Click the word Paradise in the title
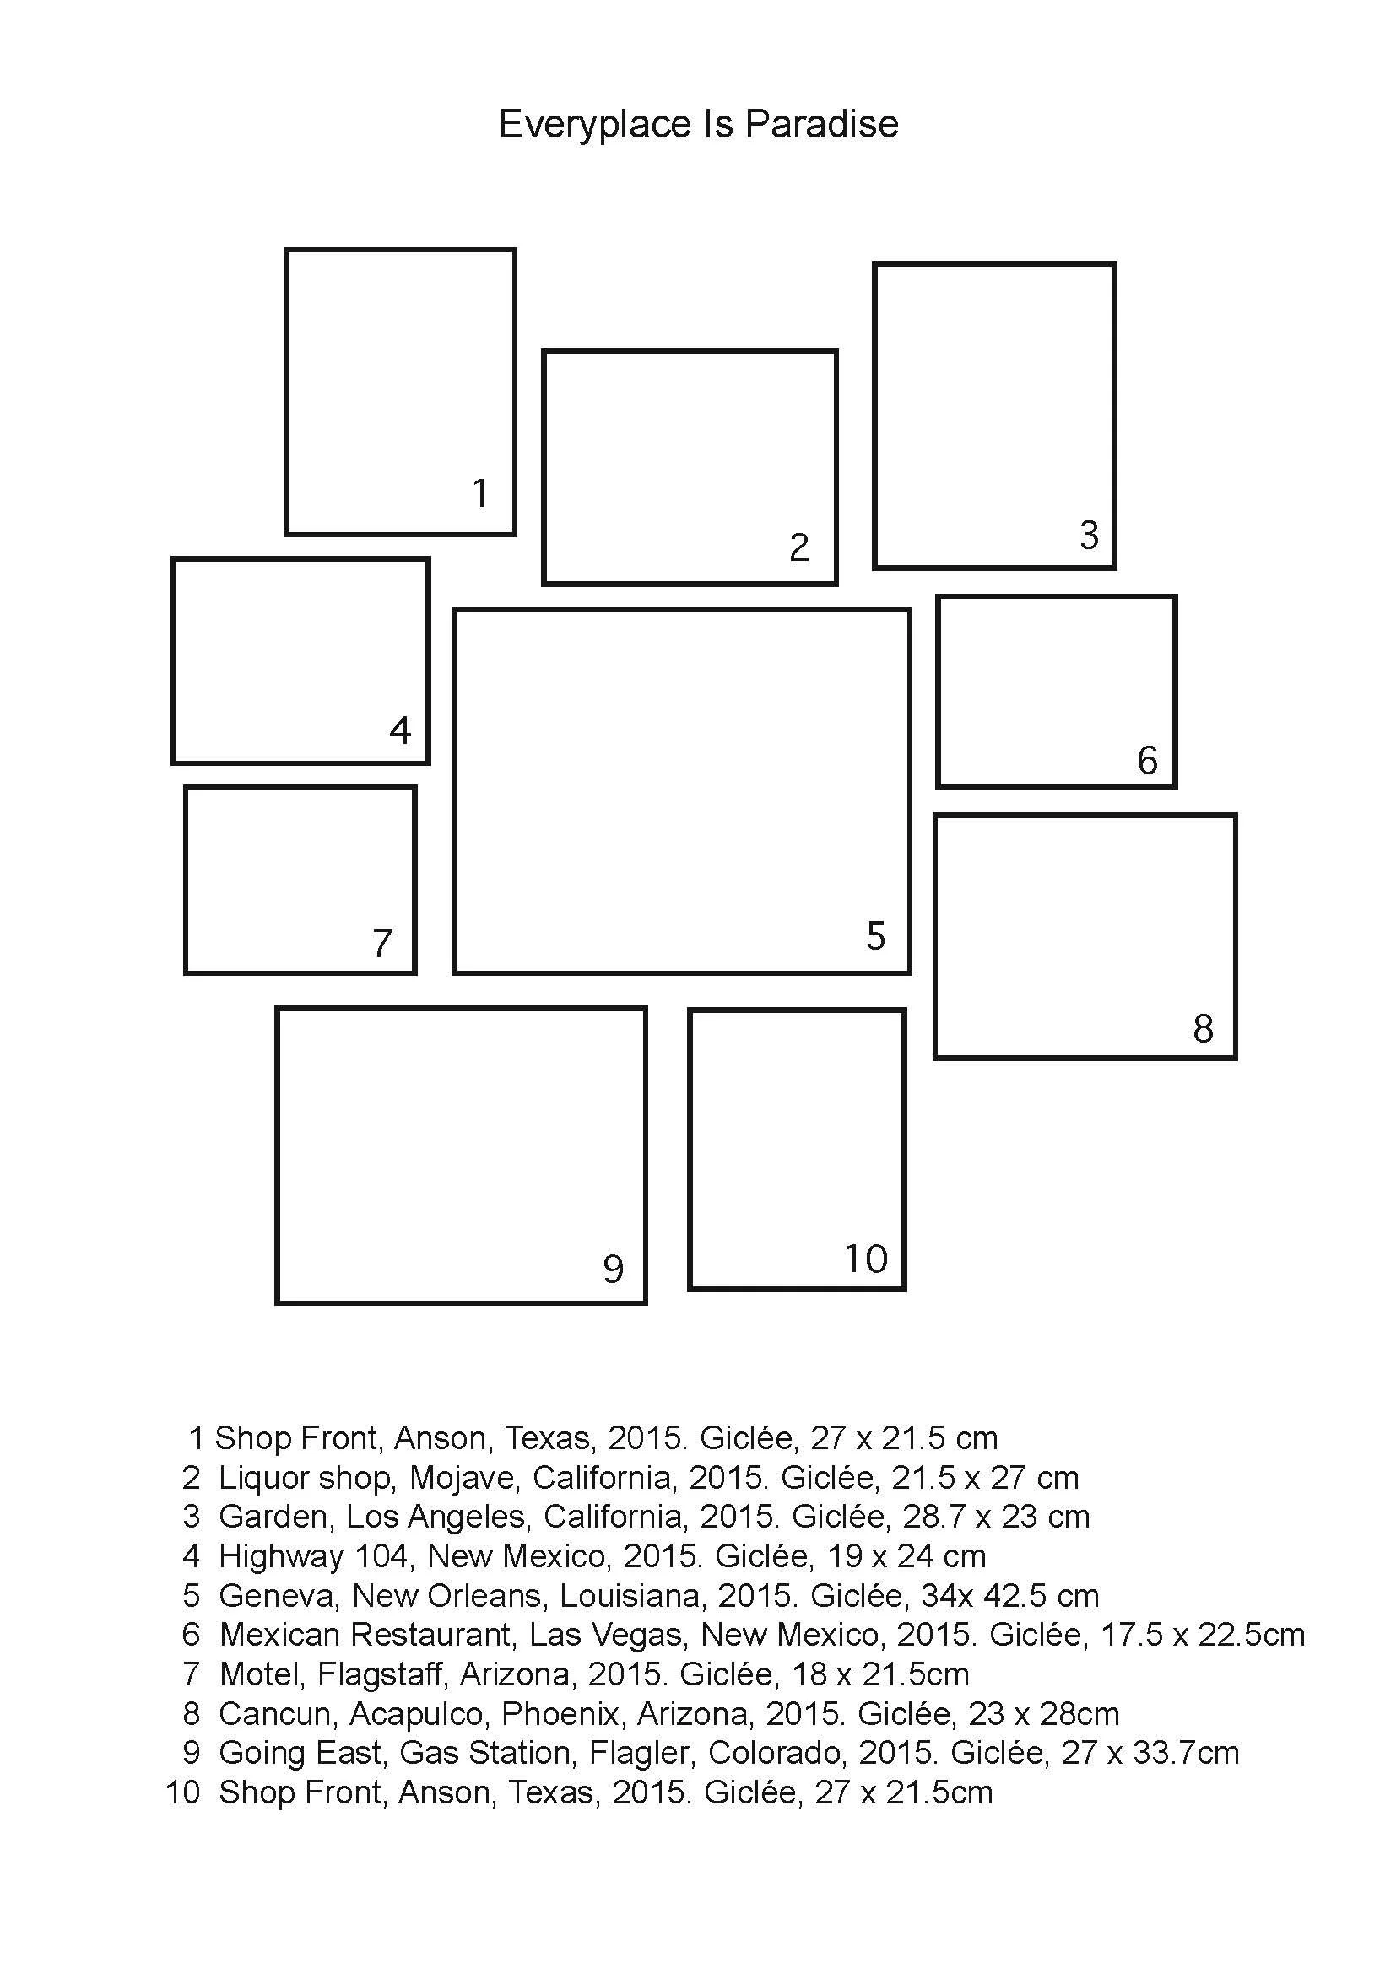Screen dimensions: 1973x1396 pyautogui.click(x=821, y=125)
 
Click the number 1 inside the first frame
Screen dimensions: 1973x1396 pyautogui.click(x=480, y=493)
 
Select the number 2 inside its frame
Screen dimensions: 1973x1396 pyautogui.click(x=798, y=547)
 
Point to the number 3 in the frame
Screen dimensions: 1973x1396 pyautogui.click(x=1089, y=536)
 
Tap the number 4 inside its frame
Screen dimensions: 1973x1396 pyautogui.click(x=400, y=730)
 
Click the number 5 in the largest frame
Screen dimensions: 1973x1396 pyautogui.click(x=875, y=935)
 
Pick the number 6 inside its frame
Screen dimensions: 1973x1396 pyautogui.click(x=1147, y=761)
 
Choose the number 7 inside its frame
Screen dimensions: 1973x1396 pyautogui.click(x=382, y=943)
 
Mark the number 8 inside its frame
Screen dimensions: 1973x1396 pyautogui.click(x=1203, y=1028)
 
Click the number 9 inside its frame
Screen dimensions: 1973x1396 pyautogui.click(x=612, y=1270)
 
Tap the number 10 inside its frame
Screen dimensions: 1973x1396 pyautogui.click(x=865, y=1259)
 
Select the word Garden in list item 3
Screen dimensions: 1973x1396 pyautogui.click(x=274, y=1517)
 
